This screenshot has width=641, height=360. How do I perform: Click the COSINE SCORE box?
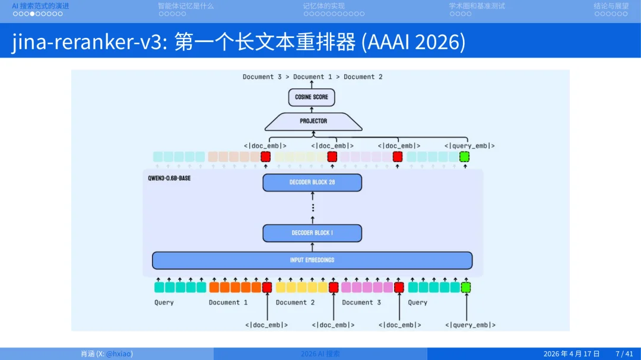tap(312, 97)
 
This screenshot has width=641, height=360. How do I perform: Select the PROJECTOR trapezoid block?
tap(313, 121)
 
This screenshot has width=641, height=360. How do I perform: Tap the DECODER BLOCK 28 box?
tap(312, 182)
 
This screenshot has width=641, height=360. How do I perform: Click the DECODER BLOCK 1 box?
tap(312, 233)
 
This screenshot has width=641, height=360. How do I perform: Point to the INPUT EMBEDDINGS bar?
tap(312, 260)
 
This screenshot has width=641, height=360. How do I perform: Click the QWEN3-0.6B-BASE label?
tap(169, 178)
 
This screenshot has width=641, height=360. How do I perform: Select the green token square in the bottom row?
tap(466, 288)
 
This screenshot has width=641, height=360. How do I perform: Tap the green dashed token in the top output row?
tap(465, 157)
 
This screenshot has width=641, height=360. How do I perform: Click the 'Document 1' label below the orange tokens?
tap(228, 302)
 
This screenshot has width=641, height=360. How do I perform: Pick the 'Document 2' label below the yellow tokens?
tap(295, 302)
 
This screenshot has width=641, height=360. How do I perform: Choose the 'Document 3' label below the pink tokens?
tap(361, 302)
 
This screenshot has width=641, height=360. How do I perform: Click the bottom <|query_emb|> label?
tap(470, 325)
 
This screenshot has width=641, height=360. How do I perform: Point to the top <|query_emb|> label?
tap(469, 146)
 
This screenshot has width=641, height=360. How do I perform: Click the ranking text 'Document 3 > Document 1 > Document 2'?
tap(312, 77)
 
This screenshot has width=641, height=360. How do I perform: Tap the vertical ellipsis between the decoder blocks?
tap(313, 208)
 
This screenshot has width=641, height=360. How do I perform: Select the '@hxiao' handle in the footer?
tap(119, 354)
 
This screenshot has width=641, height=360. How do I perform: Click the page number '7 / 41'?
tap(624, 354)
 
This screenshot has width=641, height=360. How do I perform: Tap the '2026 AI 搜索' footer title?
tap(320, 354)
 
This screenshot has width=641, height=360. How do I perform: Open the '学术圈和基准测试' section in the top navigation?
tap(477, 6)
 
